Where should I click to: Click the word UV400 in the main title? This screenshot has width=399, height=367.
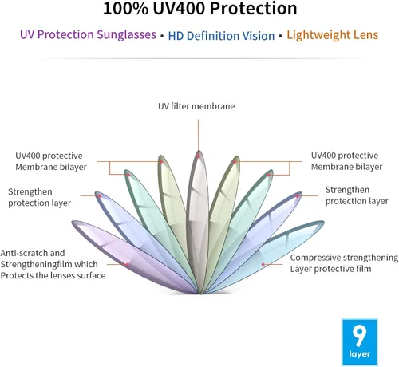(179, 9)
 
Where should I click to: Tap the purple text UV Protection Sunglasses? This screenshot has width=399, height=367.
(88, 35)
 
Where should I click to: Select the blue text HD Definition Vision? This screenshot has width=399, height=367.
(221, 36)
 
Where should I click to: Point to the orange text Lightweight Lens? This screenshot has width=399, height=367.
(333, 35)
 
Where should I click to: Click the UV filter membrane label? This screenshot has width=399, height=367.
(196, 106)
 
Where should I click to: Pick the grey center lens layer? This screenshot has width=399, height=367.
(198, 222)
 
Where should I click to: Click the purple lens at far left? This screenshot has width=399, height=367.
(133, 256)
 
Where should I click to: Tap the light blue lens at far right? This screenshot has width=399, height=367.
(266, 256)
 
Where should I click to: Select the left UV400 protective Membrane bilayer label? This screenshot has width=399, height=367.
(51, 161)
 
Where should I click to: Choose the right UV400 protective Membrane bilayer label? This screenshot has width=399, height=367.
(347, 161)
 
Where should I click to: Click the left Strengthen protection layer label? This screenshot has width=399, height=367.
(39, 197)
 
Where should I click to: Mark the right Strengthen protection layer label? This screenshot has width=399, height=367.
(357, 195)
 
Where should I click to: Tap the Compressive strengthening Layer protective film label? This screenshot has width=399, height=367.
(344, 263)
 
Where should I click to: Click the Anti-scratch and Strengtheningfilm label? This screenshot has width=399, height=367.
(53, 264)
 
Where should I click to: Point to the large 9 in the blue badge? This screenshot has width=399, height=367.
(359, 336)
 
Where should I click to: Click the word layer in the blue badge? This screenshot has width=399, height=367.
(359, 354)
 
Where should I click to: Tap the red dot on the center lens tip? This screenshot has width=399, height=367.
(199, 156)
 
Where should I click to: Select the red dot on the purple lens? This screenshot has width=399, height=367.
(127, 264)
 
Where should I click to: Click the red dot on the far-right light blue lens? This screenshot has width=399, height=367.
(263, 265)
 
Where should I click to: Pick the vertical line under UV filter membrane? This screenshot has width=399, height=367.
(198, 135)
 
